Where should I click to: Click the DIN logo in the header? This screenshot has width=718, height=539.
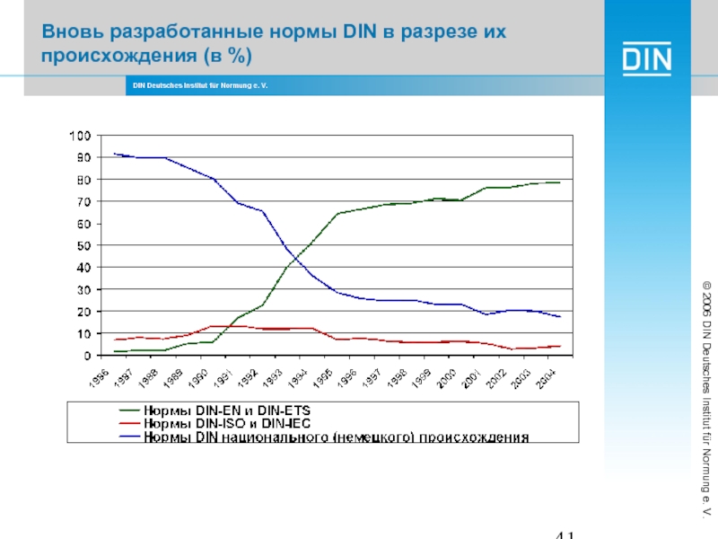[x=647, y=60]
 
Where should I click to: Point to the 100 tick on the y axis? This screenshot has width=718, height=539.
[x=80, y=136]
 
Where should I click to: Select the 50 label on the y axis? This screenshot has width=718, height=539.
[x=83, y=245]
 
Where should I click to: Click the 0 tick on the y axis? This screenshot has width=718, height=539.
[x=87, y=356]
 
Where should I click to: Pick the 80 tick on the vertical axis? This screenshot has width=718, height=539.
[x=83, y=180]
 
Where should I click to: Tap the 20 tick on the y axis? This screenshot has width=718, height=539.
[x=83, y=312]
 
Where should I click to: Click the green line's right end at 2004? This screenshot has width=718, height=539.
[x=560, y=182]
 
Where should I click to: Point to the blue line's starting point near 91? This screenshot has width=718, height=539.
[x=114, y=155]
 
